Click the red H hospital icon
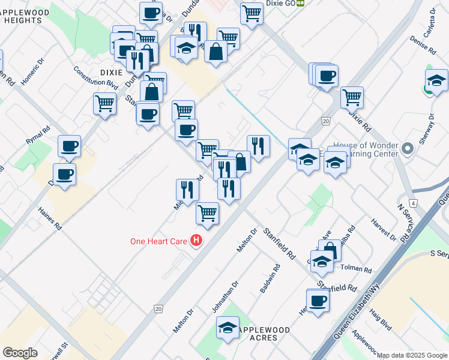pyautogui.click(x=196, y=241)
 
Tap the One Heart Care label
pyautogui.click(x=159, y=242)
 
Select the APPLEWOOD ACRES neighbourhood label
pyautogui.click(x=265, y=334)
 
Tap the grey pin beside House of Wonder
pyautogui.click(x=408, y=148)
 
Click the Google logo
pyautogui.click(x=20, y=353)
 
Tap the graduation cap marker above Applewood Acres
pyautogui.click(x=228, y=328)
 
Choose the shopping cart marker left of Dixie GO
pyautogui.click(x=252, y=13)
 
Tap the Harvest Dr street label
pyautogui.click(x=385, y=229)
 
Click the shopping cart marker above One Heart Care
pyautogui.click(x=207, y=212)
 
